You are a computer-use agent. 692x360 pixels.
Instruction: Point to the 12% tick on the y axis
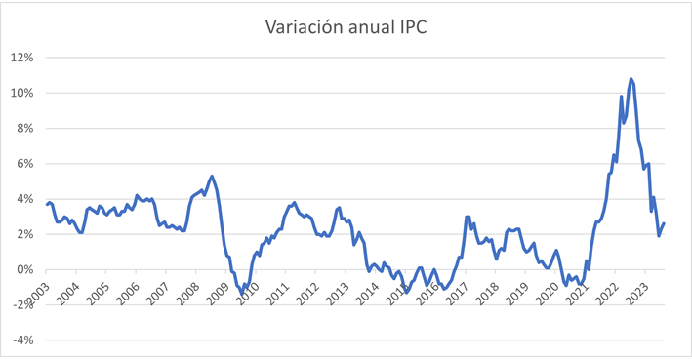coord(21,58)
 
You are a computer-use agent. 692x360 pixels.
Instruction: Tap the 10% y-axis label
coord(21,93)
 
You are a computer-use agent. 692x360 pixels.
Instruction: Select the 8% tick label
coord(24,128)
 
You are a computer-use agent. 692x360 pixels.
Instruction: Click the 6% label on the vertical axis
coord(24,163)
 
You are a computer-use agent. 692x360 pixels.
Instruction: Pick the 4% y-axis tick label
coord(24,199)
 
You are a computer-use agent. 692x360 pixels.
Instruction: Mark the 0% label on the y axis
coord(24,269)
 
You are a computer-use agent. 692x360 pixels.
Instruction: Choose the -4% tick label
coord(22,340)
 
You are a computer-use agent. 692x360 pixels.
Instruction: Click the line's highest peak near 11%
coord(631,79)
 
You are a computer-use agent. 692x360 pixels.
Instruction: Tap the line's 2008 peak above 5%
coord(212,177)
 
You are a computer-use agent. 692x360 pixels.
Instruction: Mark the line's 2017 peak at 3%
coord(468,217)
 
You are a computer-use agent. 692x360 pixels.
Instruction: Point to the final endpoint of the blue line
coord(664,224)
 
